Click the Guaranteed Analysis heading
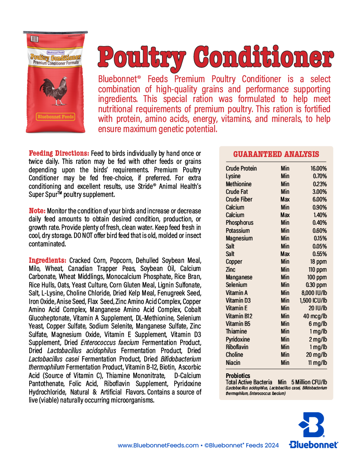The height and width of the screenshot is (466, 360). tap(276, 154)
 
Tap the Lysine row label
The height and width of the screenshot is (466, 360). tap(233, 176)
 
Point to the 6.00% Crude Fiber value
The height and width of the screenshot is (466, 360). tap(319, 199)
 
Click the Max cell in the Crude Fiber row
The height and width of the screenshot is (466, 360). tap(285, 199)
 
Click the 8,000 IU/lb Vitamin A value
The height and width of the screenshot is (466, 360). tap(314, 293)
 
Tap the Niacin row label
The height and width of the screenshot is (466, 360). tap(233, 363)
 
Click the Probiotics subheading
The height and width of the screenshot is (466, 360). tap(238, 376)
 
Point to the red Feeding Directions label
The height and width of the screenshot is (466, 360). tap(59, 153)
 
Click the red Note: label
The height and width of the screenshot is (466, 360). tap(37, 211)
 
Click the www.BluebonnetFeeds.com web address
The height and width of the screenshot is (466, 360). tap(158, 445)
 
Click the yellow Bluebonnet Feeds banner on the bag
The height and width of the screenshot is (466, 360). tap(56, 116)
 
